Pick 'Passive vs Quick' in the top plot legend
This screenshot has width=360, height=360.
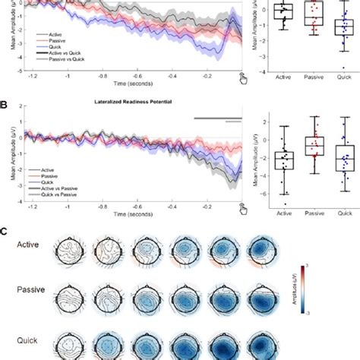coord(61,64)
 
